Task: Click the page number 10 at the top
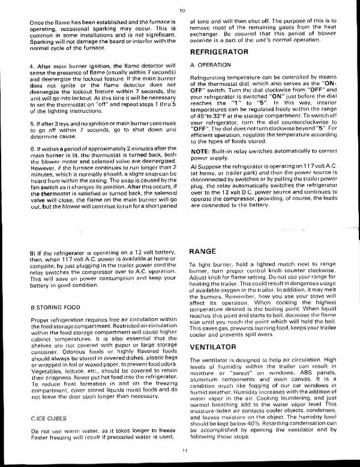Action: coord(181,10)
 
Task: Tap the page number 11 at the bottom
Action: coord(185,450)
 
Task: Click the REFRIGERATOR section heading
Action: coord(219,52)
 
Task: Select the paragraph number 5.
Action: coord(31,124)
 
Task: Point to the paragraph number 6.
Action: coord(31,148)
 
